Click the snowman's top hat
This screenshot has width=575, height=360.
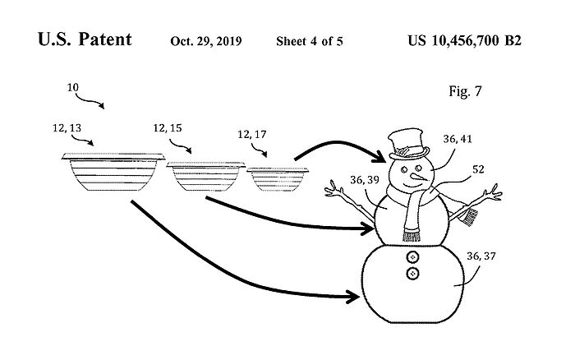(408, 145)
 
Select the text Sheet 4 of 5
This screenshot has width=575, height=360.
(310, 40)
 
